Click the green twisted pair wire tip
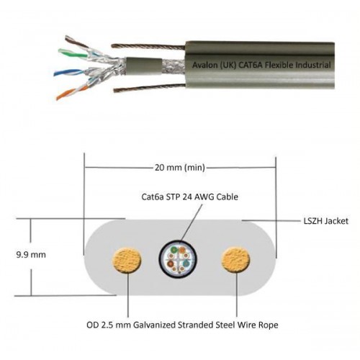(x=60, y=51)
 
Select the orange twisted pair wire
(x=71, y=92)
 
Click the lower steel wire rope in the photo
(x=149, y=87)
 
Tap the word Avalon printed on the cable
(x=204, y=65)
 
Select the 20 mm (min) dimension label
(x=180, y=167)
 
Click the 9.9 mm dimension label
(x=31, y=255)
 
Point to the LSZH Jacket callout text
(x=325, y=221)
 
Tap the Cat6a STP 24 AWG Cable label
(x=189, y=197)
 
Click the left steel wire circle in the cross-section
(x=127, y=261)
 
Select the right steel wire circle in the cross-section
(x=235, y=260)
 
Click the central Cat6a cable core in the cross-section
(x=179, y=259)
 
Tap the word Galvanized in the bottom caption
(x=154, y=325)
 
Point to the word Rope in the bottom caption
(x=269, y=325)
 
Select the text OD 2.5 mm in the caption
(x=109, y=325)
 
